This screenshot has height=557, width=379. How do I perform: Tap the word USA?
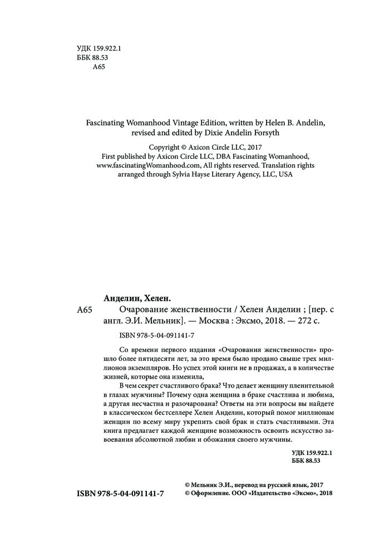click(x=285, y=174)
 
